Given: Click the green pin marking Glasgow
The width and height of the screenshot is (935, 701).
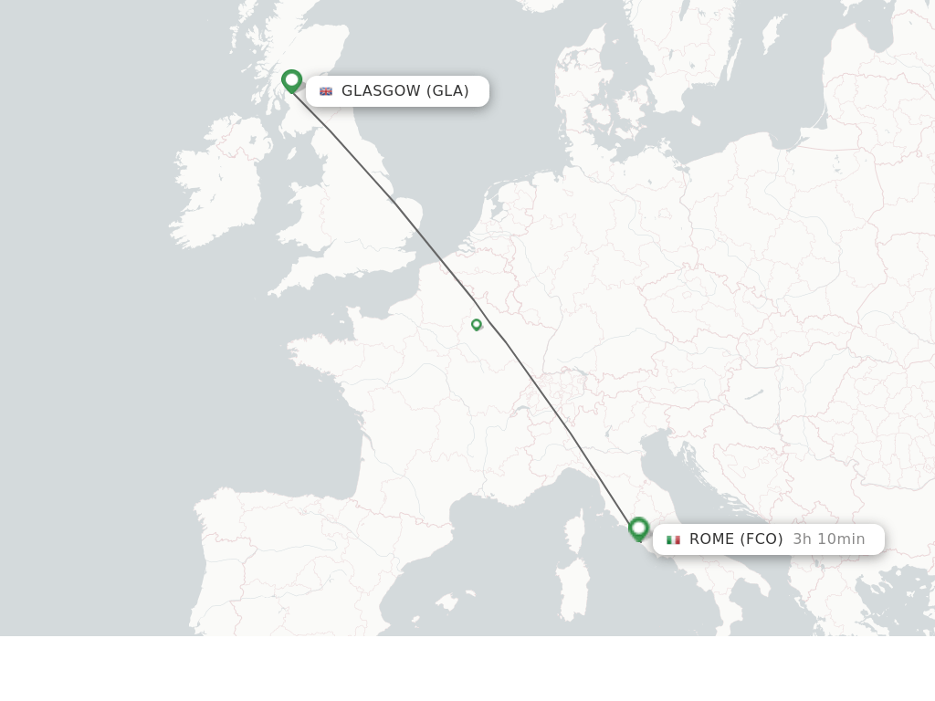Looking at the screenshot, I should [291, 80].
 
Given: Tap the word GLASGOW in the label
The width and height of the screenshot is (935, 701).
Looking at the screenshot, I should [381, 90].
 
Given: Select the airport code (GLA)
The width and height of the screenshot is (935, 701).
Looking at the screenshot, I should [447, 90].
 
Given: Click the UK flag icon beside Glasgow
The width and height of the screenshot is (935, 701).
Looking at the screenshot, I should [326, 91].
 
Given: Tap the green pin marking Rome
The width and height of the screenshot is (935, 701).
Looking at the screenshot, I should [638, 528].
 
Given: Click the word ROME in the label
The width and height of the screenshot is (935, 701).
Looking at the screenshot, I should [712, 539].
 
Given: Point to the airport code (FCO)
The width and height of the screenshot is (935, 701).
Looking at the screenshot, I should [761, 539].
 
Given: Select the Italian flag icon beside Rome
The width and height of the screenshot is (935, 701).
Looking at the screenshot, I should [674, 539].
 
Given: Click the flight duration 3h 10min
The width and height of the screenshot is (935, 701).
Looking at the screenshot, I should [828, 539].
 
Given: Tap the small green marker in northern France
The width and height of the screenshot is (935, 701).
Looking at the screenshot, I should [476, 324].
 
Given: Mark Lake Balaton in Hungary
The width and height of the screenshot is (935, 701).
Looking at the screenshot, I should [753, 393].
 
